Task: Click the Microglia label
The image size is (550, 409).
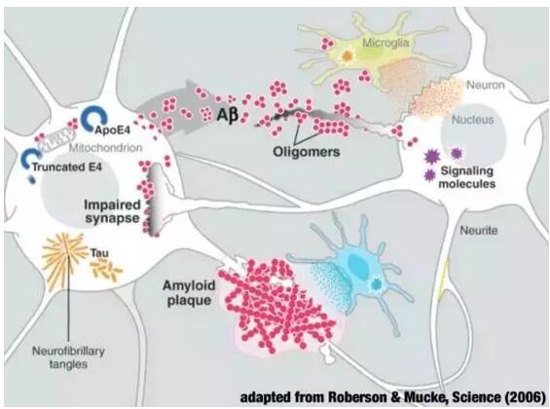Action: pos(385,43)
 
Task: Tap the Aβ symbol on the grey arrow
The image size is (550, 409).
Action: pos(227,115)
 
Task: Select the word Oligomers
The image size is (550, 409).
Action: pos(307,152)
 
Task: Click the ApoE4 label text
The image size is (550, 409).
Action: pos(113,130)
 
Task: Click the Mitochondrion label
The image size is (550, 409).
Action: pos(105,148)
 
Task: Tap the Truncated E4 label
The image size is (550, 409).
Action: pos(66,167)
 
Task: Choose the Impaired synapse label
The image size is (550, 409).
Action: pos(112,211)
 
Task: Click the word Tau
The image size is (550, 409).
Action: pos(99,252)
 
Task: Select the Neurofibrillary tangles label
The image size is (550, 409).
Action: pos(68,357)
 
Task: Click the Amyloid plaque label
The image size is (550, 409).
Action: pos(189,292)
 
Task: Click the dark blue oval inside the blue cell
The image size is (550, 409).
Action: pos(359,264)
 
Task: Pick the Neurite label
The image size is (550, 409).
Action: pos(479,231)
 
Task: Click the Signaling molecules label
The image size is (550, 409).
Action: pos(467,177)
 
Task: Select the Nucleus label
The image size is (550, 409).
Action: pos(472,120)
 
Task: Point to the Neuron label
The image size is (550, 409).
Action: pos(486,85)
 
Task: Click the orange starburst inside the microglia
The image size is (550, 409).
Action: pos(347,56)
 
